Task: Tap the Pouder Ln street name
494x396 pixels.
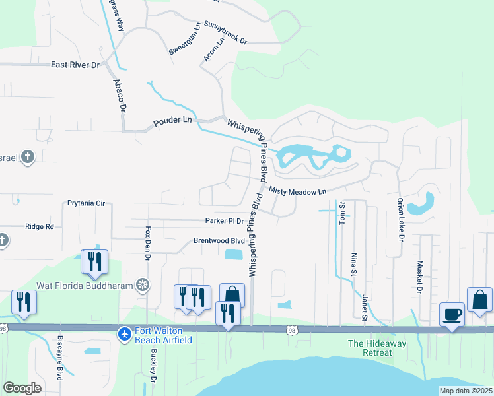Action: pyautogui.click(x=172, y=122)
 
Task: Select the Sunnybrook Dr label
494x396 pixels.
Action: pyautogui.click(x=225, y=32)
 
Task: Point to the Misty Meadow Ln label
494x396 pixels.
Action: pyautogui.click(x=298, y=191)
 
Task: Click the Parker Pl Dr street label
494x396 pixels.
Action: pyautogui.click(x=225, y=220)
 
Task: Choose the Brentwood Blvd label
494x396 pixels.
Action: pyautogui.click(x=219, y=241)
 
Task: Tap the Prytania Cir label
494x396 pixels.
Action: pyautogui.click(x=86, y=203)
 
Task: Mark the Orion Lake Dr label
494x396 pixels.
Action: pyautogui.click(x=400, y=218)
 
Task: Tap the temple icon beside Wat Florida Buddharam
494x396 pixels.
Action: pyautogui.click(x=141, y=285)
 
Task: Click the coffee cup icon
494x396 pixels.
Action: pyautogui.click(x=452, y=313)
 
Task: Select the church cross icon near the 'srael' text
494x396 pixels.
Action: pyautogui.click(x=27, y=157)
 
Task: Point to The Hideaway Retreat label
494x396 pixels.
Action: pyautogui.click(x=380, y=348)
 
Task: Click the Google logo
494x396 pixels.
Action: pyautogui.click(x=22, y=388)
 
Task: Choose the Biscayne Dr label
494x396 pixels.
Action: pyautogui.click(x=59, y=362)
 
